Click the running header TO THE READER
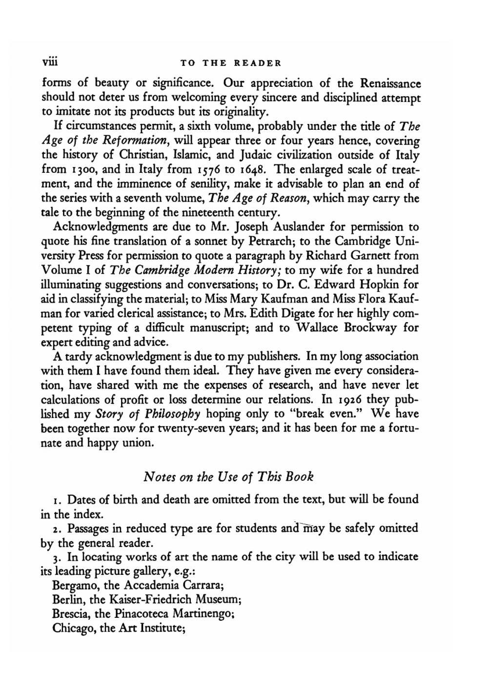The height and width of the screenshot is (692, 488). [231, 63]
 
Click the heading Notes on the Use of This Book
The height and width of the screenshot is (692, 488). [228, 476]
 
